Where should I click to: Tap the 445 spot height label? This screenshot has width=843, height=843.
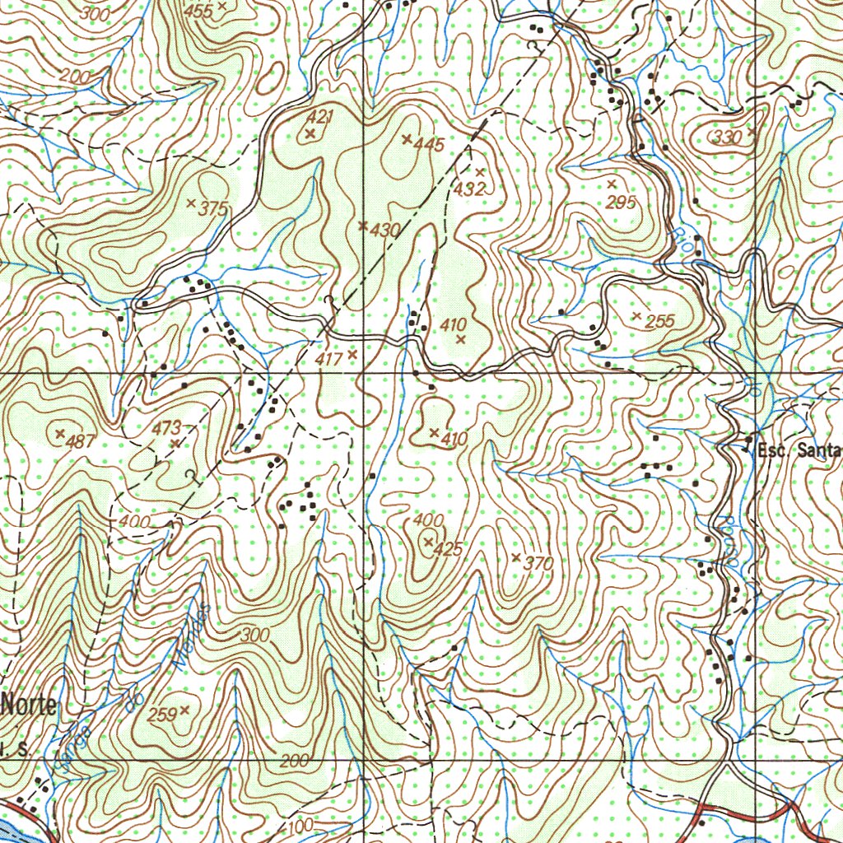tap(429, 145)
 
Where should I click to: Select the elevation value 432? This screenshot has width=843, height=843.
tap(469, 189)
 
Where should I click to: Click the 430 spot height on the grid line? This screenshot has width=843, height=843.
tap(384, 231)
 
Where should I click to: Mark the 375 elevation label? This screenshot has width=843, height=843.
tap(212, 209)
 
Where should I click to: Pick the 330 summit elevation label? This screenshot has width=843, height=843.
tap(728, 137)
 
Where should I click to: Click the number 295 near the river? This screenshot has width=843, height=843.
tap(622, 203)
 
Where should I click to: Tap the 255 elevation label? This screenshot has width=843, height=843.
tap(660, 322)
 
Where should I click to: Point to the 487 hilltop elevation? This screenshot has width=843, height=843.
tap(81, 441)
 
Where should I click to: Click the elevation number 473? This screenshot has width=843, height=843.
tap(167, 428)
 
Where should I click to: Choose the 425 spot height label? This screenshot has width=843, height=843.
tap(448, 549)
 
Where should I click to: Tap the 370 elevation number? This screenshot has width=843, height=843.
tap(538, 564)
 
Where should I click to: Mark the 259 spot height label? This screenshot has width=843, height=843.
tap(162, 715)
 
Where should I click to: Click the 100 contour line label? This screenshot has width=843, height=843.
tap(302, 825)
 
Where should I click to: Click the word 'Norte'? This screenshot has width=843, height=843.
tap(30, 705)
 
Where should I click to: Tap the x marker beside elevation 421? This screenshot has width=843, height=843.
tap(310, 133)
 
